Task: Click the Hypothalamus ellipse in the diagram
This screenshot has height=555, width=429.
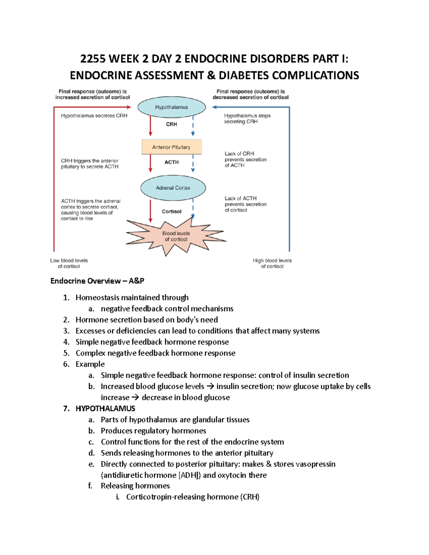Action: (172, 107)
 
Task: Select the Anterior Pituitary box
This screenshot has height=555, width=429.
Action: (172, 147)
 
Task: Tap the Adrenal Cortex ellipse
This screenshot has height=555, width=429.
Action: (173, 188)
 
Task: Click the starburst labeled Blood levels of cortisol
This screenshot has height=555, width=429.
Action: (176, 236)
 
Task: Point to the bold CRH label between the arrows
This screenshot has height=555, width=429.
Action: (172, 124)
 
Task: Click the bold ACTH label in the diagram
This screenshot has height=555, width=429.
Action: (172, 162)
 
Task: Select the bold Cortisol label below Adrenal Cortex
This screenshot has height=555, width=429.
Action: (172, 212)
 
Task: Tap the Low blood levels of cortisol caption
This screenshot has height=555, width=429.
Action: (69, 263)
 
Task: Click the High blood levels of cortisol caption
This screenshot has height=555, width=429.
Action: (272, 263)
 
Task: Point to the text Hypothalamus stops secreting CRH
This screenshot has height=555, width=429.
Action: (247, 119)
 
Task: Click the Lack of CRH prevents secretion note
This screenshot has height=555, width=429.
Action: (245, 159)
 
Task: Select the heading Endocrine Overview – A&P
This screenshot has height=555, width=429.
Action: (97, 281)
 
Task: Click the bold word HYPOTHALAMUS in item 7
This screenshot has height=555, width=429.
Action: (105, 408)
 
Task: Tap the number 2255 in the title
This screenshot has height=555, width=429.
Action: (92, 59)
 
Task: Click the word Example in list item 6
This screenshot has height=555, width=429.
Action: (90, 364)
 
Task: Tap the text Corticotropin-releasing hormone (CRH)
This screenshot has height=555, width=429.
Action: (193, 497)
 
